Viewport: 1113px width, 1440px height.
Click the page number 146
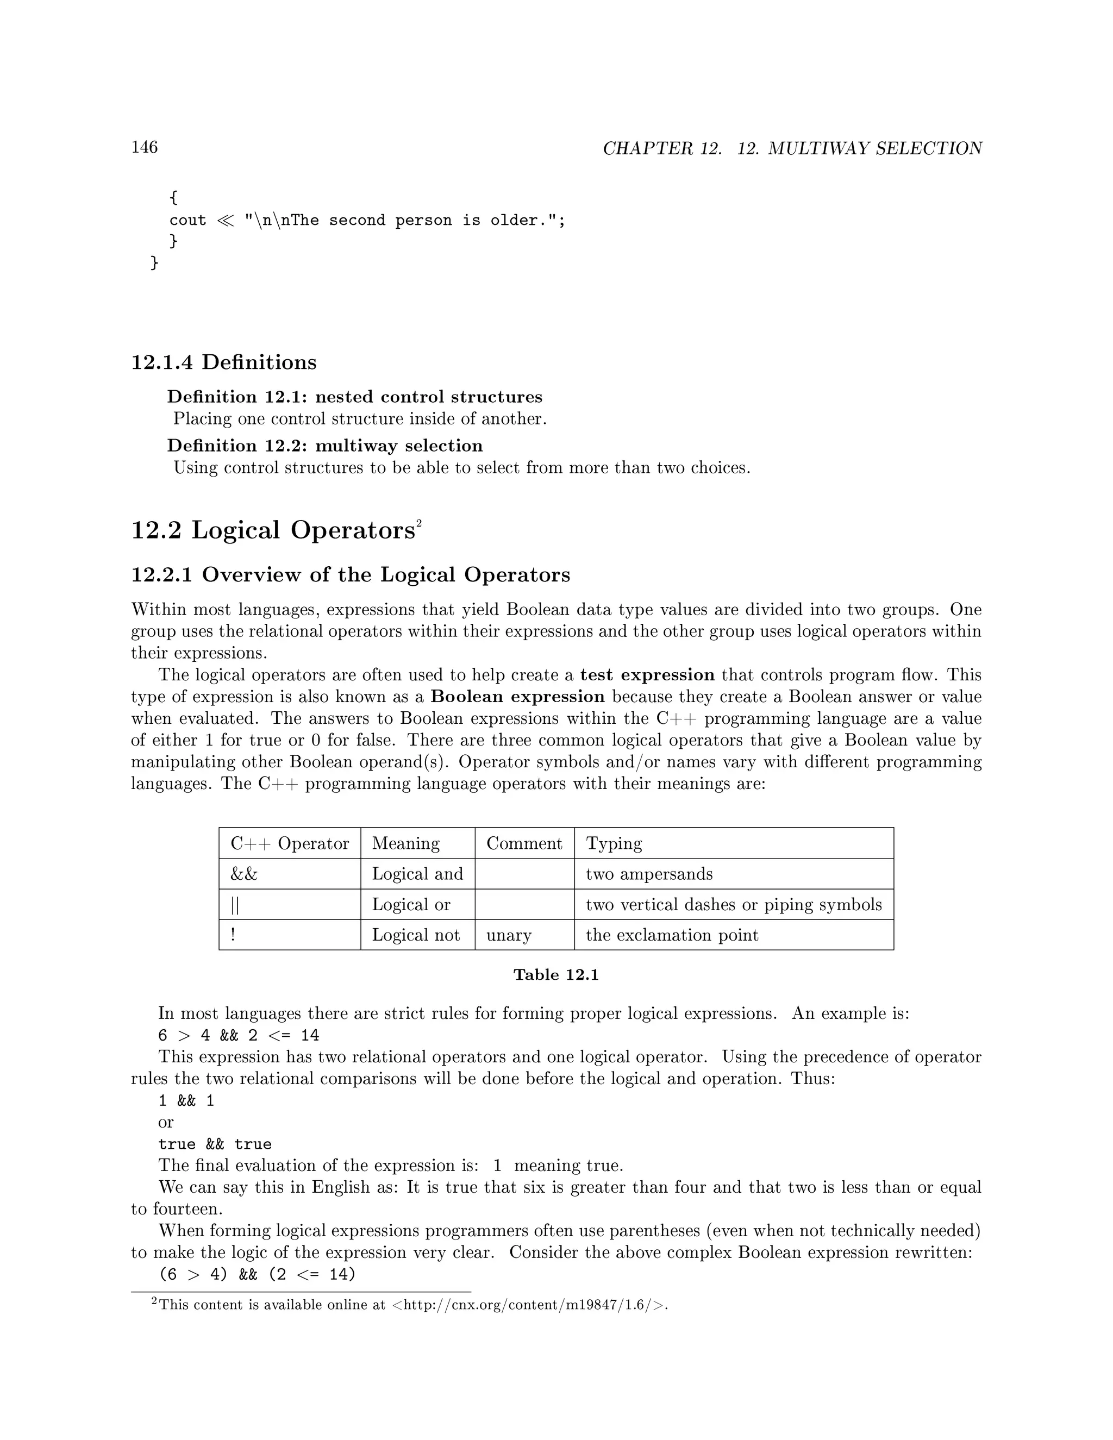(145, 147)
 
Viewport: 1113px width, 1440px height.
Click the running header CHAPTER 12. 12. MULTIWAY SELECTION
(792, 148)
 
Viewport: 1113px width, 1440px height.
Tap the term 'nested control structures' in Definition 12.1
(429, 397)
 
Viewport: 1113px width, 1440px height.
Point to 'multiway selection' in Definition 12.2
(399, 446)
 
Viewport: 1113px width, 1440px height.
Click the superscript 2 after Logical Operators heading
(418, 523)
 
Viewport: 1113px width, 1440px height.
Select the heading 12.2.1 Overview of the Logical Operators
(350, 574)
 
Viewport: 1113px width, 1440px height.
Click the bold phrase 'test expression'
(647, 675)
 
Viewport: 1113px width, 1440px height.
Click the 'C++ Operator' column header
(290, 843)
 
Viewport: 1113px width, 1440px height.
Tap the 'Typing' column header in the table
(614, 843)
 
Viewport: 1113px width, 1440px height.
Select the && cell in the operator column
(244, 874)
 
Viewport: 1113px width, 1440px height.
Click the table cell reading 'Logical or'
(411, 905)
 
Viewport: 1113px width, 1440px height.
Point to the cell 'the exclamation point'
(672, 935)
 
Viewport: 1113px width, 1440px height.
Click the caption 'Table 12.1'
(556, 975)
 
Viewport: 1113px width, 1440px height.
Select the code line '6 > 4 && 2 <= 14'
(239, 1035)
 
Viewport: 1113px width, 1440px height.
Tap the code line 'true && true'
(215, 1144)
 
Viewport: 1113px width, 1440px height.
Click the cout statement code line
(367, 220)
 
